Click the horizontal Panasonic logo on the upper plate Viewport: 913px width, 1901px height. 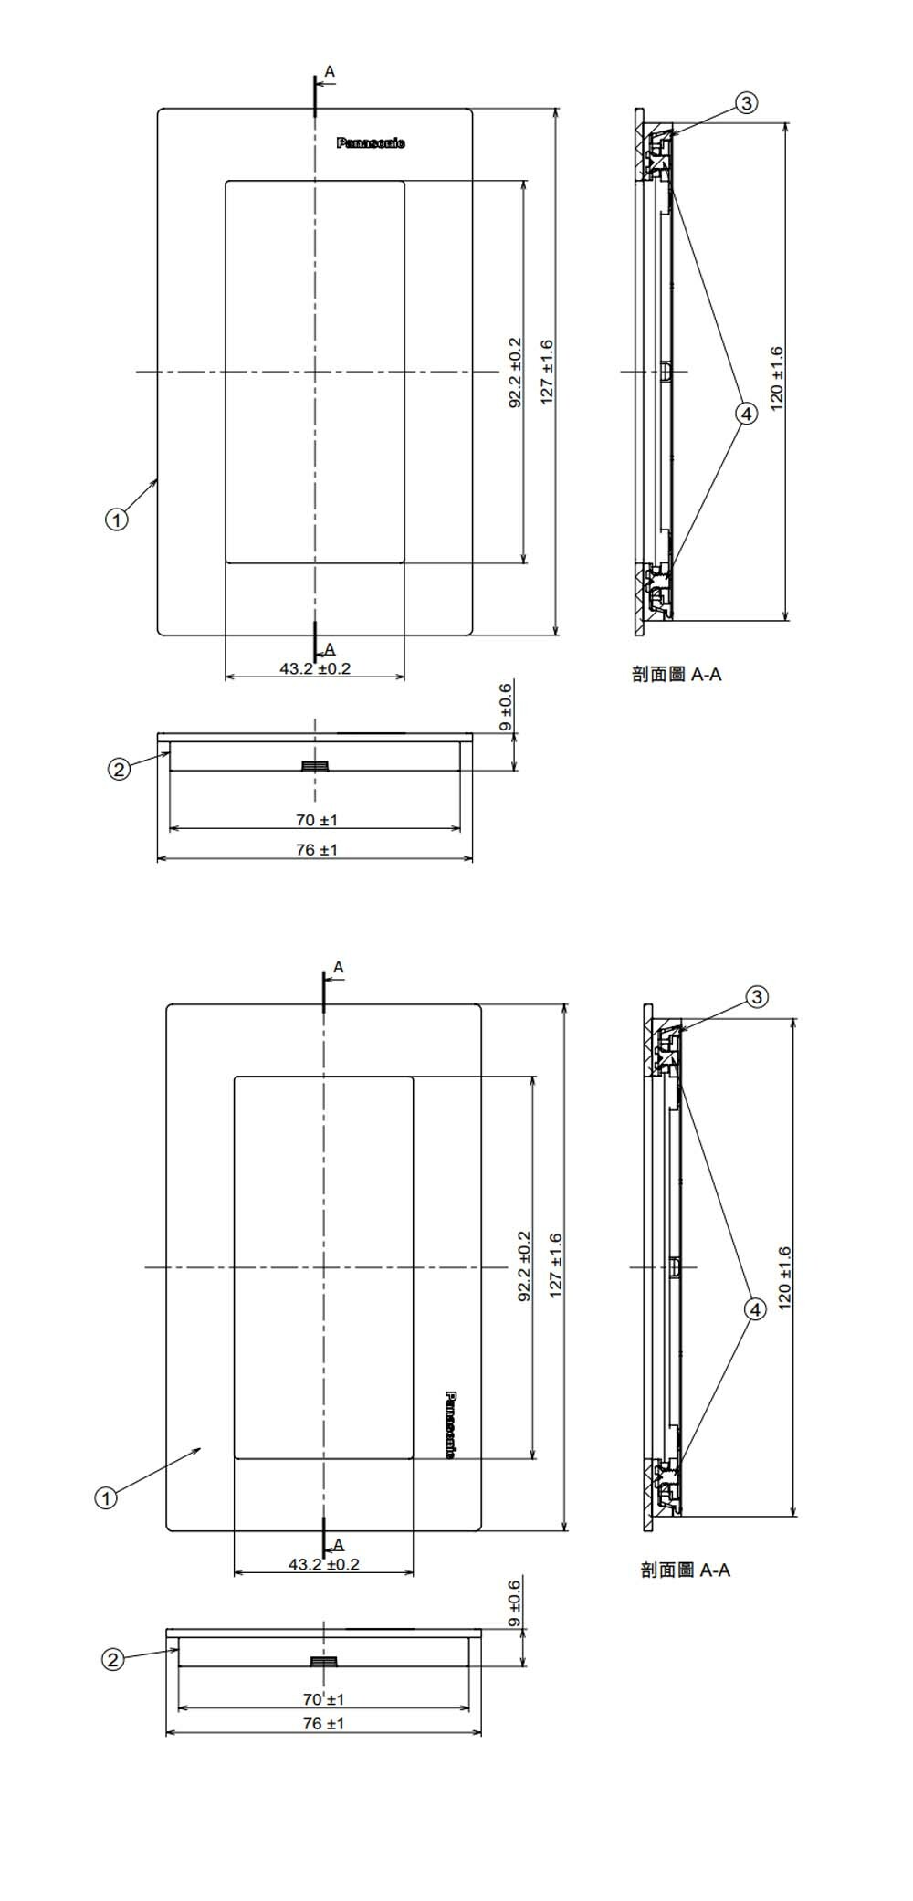click(371, 143)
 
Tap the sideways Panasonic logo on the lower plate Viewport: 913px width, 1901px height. click(450, 1423)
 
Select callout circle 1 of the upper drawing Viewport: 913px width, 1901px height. click(115, 520)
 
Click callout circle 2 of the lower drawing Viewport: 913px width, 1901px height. click(111, 1660)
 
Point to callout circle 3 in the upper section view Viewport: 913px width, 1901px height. click(747, 103)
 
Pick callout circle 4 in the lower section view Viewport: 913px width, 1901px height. click(755, 1309)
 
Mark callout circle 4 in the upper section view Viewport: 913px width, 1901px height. click(747, 414)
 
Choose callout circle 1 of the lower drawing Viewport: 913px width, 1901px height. click(106, 1497)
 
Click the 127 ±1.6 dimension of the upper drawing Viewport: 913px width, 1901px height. click(546, 372)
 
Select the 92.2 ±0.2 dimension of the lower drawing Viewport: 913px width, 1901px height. click(524, 1266)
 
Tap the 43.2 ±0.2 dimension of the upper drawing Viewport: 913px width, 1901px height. click(315, 668)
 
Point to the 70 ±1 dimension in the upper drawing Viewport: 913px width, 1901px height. click(316, 820)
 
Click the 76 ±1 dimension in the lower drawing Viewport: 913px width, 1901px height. click(323, 1723)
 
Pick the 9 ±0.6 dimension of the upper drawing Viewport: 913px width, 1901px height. click(507, 708)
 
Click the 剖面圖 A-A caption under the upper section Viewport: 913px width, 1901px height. click(677, 675)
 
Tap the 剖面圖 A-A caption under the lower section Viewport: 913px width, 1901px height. click(685, 1570)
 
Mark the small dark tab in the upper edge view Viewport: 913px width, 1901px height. click(315, 765)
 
